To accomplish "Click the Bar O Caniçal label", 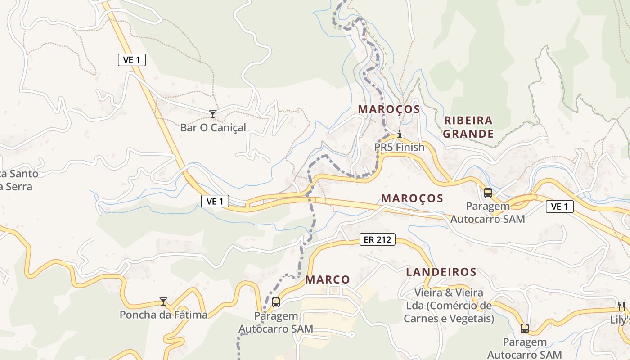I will (x=213, y=128).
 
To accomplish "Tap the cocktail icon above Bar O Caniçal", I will (x=213, y=114).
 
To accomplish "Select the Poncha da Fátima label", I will (x=163, y=315).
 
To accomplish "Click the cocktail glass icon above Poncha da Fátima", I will (x=163, y=301).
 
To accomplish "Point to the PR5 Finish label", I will (x=399, y=147).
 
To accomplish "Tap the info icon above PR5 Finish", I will (x=399, y=134).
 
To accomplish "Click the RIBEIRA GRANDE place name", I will (x=468, y=127).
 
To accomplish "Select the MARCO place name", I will (x=328, y=279).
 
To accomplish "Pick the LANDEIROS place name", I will (x=441, y=272).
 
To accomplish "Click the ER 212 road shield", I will (x=378, y=240).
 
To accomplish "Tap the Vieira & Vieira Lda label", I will (x=449, y=306).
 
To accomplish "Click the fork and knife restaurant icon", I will (x=621, y=306).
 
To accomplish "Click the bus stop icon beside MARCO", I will (x=276, y=302).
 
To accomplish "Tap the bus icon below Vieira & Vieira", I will (x=524, y=328).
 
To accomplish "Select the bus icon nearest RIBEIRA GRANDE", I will (x=487, y=193).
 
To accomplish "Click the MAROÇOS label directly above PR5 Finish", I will (x=389, y=109).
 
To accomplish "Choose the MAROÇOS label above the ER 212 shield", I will (x=412, y=198).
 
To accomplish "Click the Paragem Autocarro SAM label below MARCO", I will (x=276, y=322).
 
